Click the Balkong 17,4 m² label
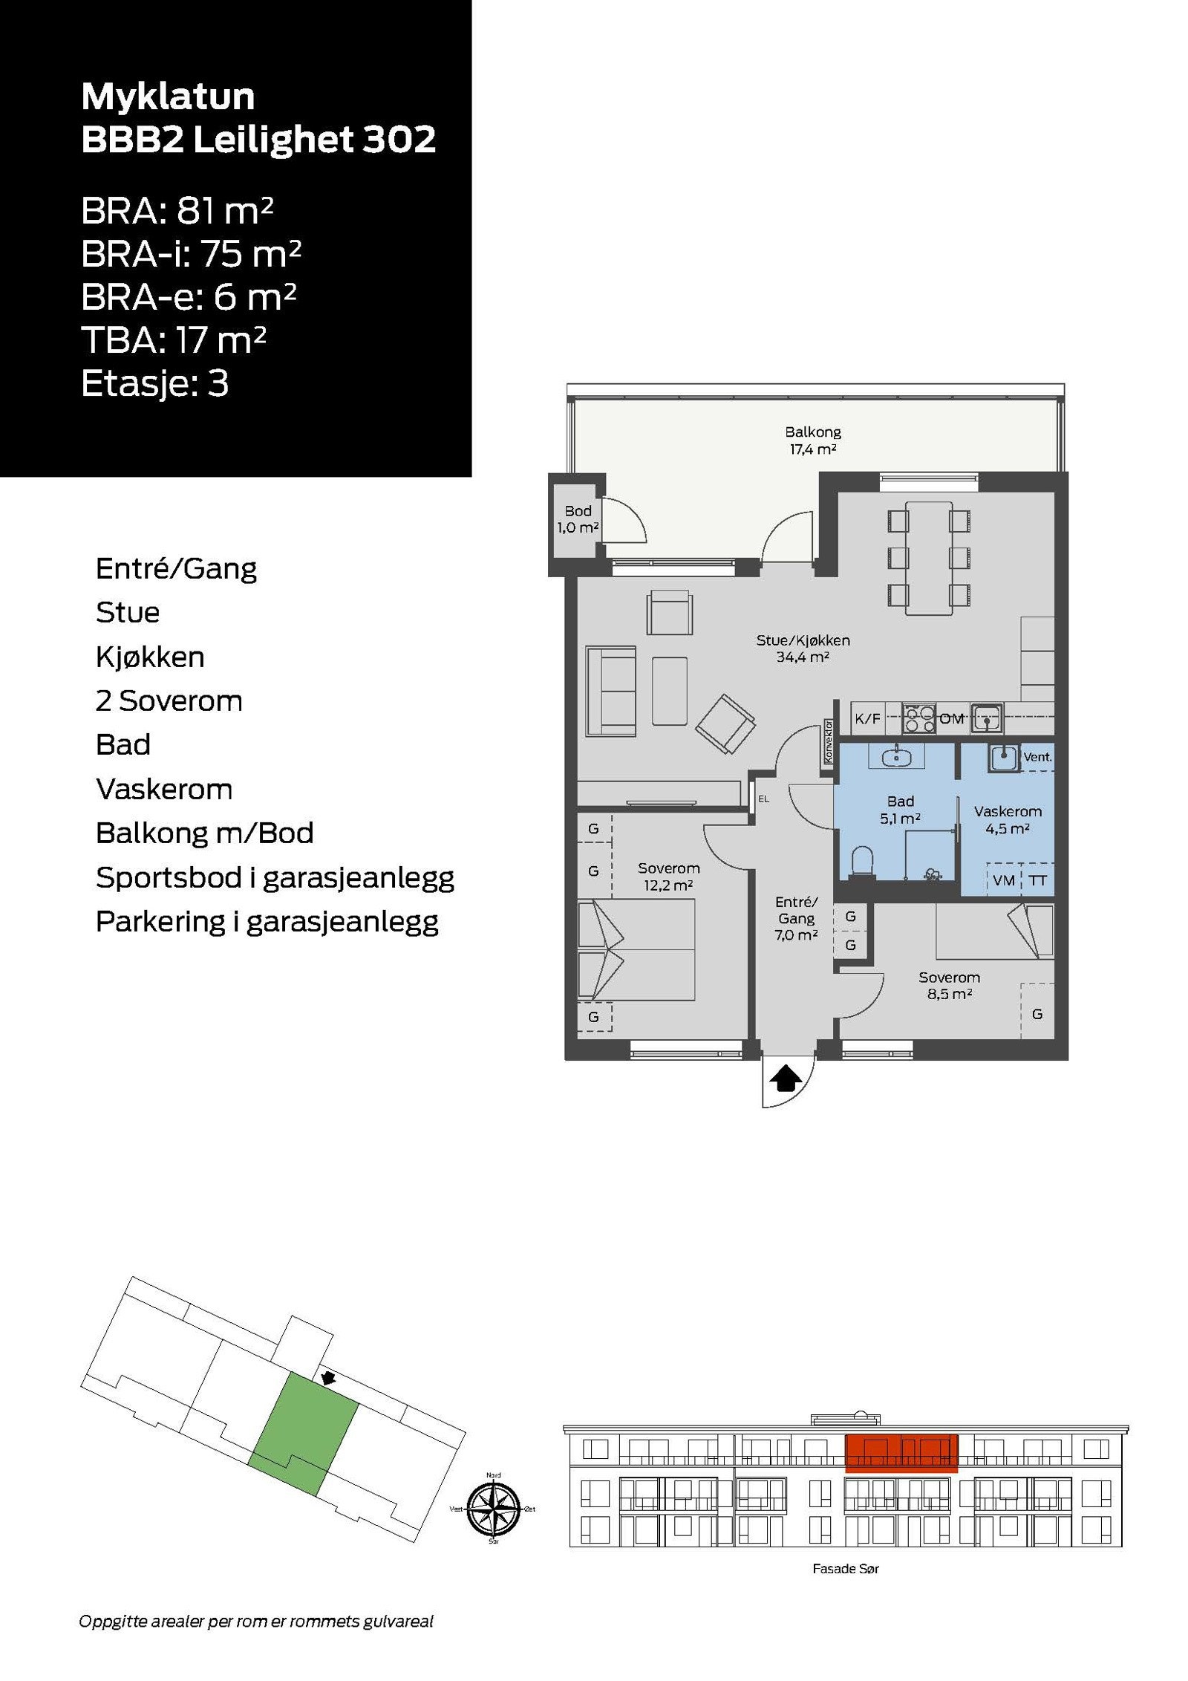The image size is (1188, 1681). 812,440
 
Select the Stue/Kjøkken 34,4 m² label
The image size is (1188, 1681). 802,648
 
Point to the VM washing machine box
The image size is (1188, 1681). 1003,880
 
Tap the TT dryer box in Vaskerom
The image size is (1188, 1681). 1038,880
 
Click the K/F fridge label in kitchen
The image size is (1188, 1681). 866,718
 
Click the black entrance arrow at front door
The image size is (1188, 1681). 786,1078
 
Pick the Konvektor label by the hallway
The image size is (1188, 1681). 828,741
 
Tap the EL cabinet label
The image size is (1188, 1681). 763,799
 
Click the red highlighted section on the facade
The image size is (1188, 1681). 901,1452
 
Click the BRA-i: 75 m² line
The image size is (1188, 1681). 191,254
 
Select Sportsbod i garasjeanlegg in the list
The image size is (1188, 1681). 274,877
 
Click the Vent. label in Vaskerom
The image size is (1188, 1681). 1037,757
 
